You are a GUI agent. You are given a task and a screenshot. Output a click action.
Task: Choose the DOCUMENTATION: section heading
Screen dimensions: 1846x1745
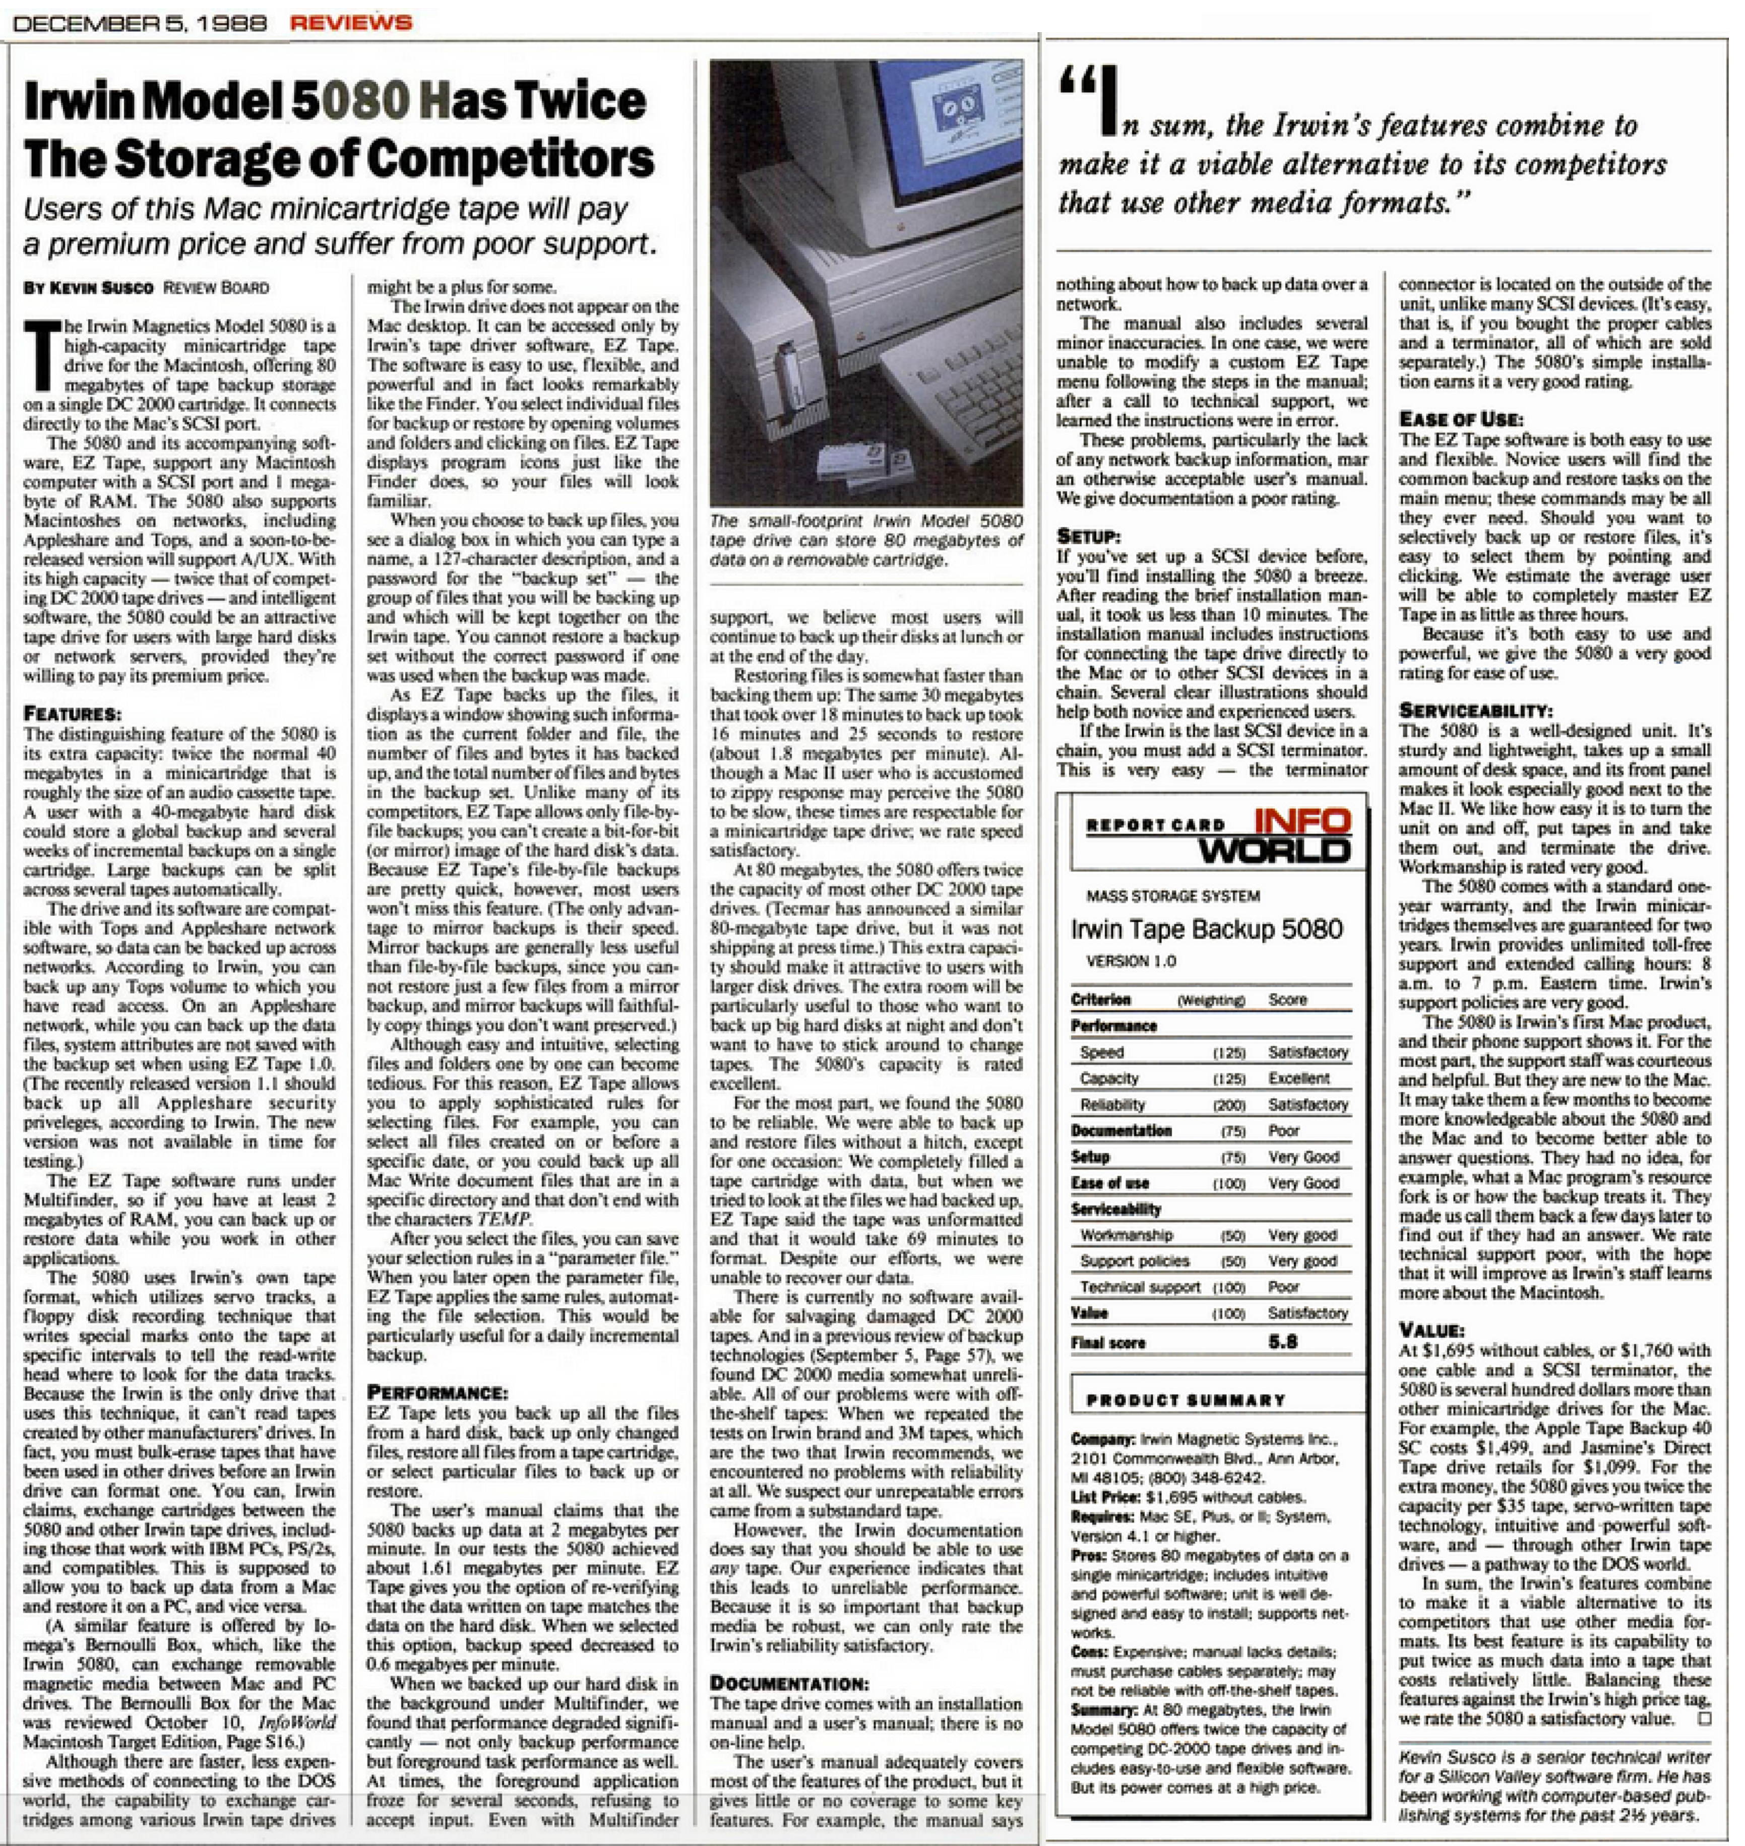(x=790, y=1683)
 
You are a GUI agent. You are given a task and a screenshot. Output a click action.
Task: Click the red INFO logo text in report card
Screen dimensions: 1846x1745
(x=1302, y=821)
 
